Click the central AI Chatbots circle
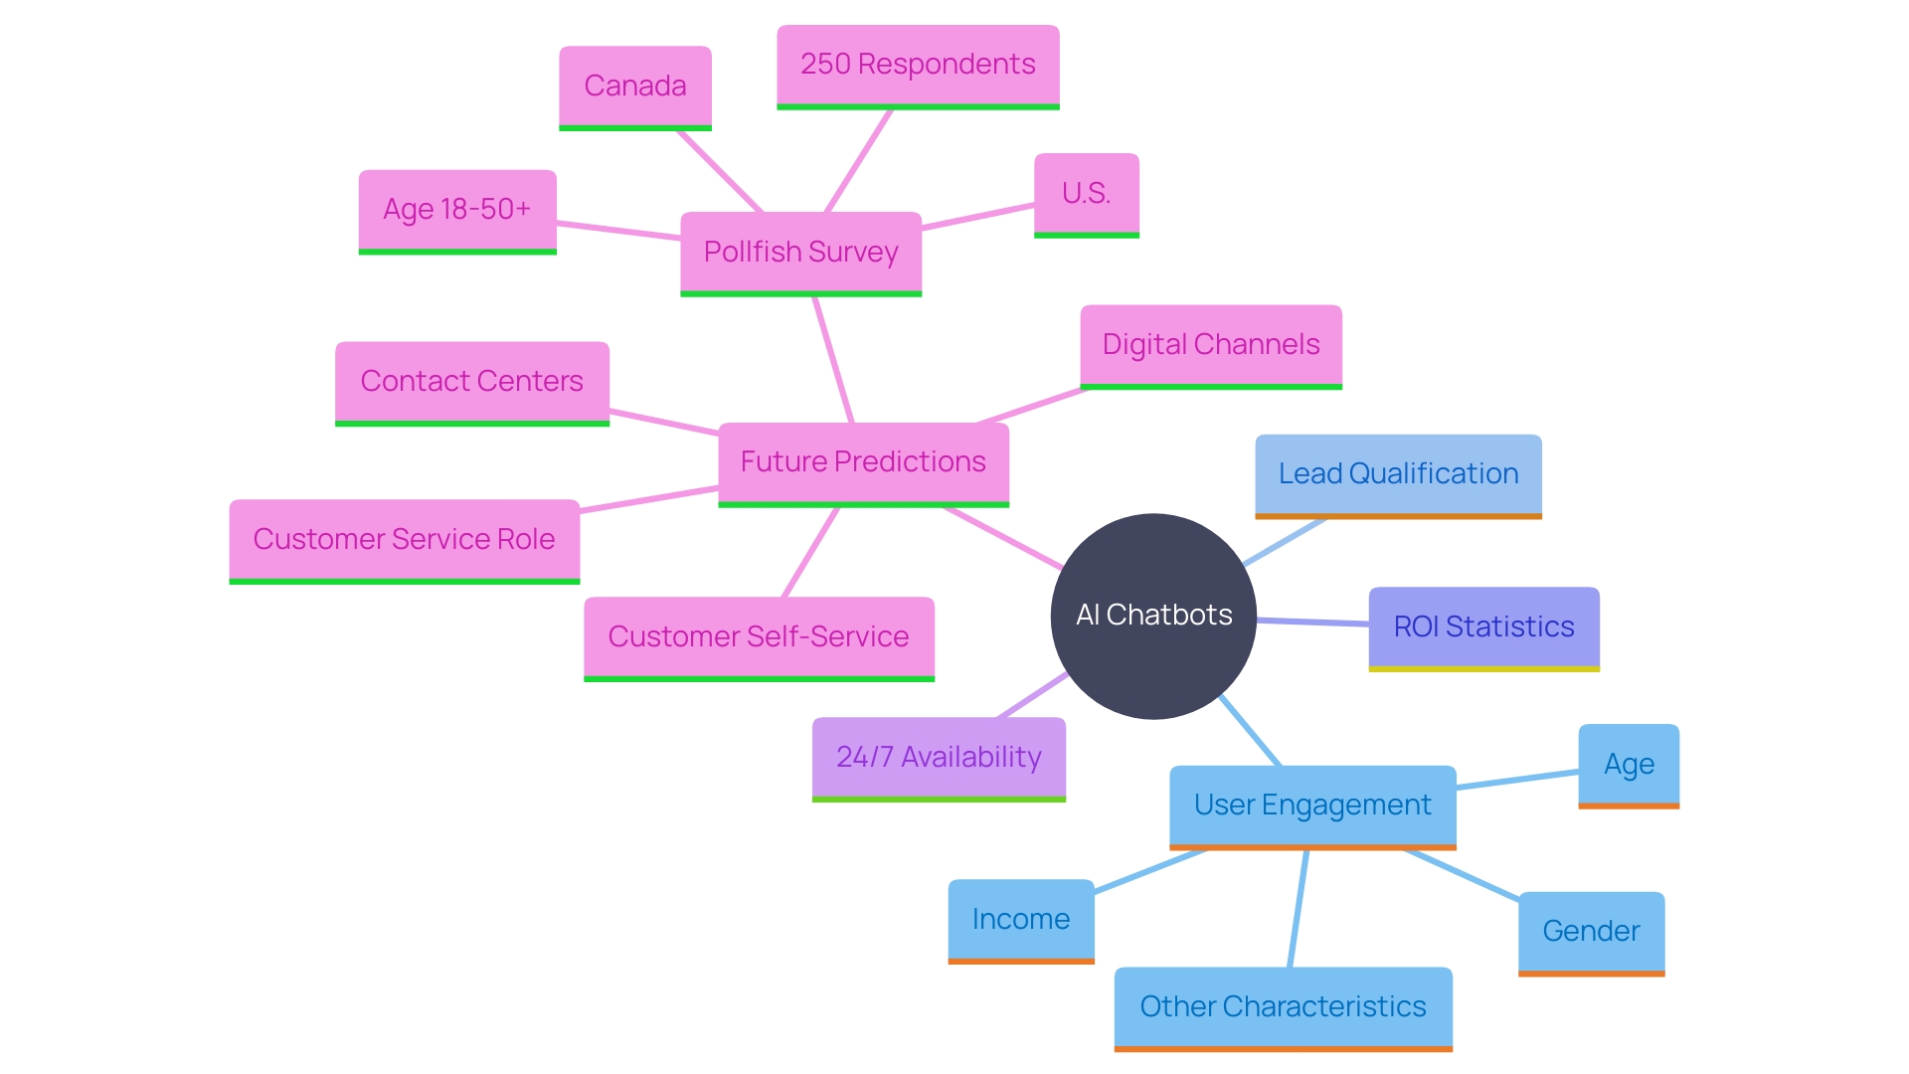(x=1153, y=616)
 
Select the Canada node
(x=635, y=87)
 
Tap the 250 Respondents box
(x=918, y=65)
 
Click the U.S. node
(x=1086, y=193)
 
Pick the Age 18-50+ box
(x=457, y=210)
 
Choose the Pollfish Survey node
(x=800, y=252)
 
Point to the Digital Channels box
(x=1211, y=345)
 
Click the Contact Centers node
(x=471, y=382)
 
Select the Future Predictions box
(x=863, y=462)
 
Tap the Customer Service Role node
(x=404, y=539)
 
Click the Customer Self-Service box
(x=759, y=636)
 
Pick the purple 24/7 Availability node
(x=939, y=757)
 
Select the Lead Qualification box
(x=1398, y=474)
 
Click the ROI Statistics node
(x=1483, y=626)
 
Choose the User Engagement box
(x=1312, y=805)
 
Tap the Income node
(x=1021, y=919)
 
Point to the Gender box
(x=1591, y=932)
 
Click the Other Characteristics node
(x=1283, y=1006)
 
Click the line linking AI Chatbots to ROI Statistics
(x=1312, y=622)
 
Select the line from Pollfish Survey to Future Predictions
(x=833, y=359)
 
